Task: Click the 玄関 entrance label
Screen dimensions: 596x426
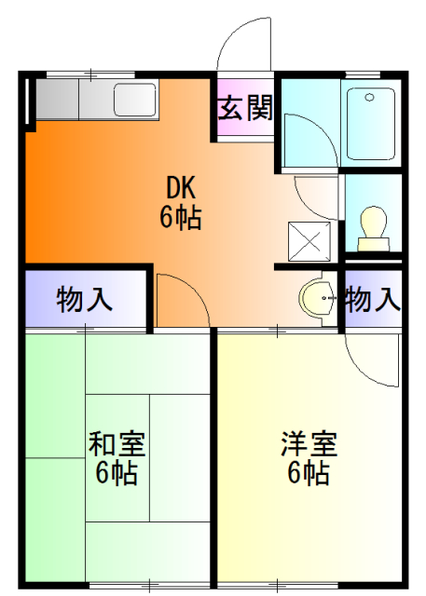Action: [x=246, y=110]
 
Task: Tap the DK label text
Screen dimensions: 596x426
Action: [x=181, y=188]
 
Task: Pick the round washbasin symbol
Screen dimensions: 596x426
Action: [x=319, y=299]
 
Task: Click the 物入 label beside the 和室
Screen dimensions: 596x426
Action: [x=85, y=300]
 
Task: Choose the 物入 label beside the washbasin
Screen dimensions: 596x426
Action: [x=373, y=300]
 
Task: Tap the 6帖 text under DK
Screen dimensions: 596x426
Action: [x=180, y=219]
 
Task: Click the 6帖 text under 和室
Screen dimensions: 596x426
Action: [x=117, y=473]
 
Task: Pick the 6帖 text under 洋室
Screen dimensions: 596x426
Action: [x=308, y=473]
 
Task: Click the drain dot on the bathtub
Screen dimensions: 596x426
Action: [x=369, y=96]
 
